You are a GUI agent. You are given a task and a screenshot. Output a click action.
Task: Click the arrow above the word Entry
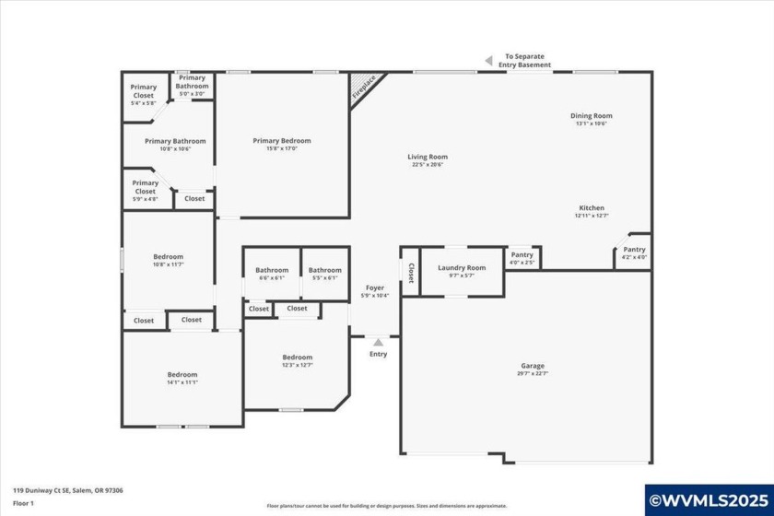[378, 342]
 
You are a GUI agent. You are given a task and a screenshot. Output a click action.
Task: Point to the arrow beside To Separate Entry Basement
[488, 61]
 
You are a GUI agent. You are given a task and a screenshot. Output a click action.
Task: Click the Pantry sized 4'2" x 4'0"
[634, 252]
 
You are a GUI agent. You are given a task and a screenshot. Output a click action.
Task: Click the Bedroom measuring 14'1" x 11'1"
[182, 378]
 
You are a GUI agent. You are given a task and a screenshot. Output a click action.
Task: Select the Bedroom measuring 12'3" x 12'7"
[297, 360]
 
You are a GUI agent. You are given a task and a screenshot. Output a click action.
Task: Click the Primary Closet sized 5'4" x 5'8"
[143, 91]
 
